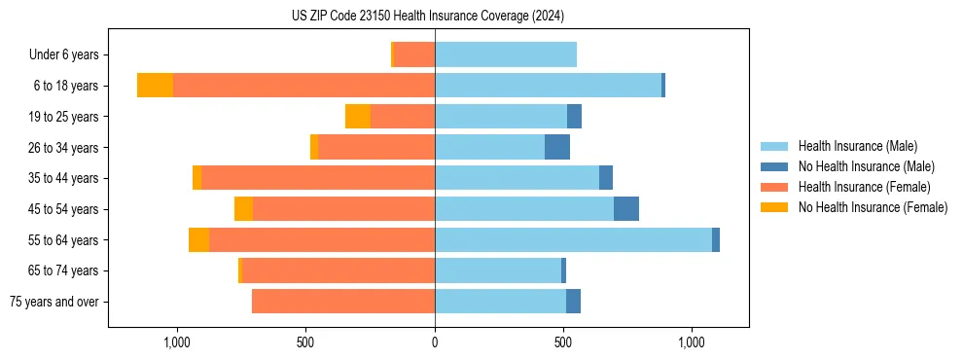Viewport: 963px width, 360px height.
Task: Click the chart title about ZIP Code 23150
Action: [427, 17]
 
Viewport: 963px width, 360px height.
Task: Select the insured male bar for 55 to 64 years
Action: [573, 239]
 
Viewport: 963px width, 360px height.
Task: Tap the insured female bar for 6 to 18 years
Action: [303, 86]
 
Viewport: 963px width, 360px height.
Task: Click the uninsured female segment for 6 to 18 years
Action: [155, 86]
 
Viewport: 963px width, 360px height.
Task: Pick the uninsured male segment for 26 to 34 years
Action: [556, 147]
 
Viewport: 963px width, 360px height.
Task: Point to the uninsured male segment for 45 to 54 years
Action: [625, 208]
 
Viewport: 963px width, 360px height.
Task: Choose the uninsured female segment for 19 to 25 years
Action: [357, 117]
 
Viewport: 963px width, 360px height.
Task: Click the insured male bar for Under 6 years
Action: [505, 54]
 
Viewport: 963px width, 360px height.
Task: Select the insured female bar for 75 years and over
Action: [342, 302]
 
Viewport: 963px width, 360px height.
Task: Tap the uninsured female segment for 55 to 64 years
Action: [198, 239]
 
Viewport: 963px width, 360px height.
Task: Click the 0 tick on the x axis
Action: [435, 342]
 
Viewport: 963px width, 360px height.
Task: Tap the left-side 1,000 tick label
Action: [177, 342]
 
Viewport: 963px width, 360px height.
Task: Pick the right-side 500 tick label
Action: [563, 342]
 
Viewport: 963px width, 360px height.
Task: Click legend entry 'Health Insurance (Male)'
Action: [857, 146]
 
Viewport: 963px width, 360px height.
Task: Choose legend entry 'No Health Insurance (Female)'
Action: [872, 207]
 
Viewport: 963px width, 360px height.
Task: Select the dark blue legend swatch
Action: [774, 166]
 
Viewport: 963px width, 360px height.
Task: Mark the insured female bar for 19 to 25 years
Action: [402, 117]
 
